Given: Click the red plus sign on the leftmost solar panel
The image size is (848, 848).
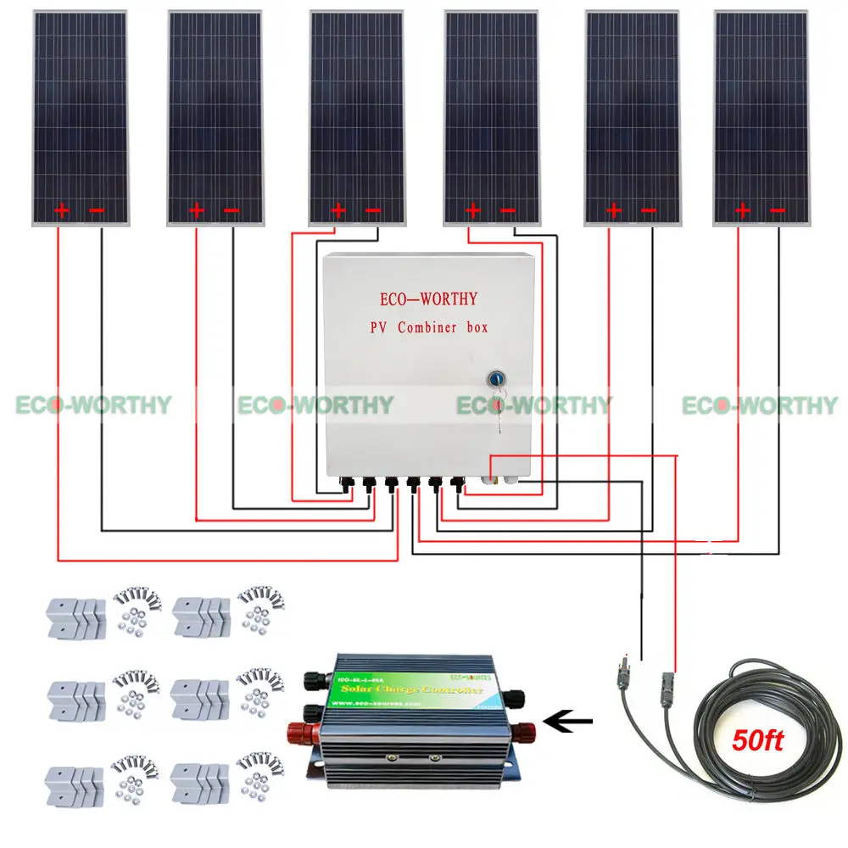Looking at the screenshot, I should point(62,210).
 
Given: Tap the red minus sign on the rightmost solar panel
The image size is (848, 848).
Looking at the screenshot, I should point(777,210).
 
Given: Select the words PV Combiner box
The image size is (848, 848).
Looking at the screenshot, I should point(429,327).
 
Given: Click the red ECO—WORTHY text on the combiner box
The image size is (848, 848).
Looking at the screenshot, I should point(429,299).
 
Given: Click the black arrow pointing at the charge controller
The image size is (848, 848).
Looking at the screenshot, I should point(566,723).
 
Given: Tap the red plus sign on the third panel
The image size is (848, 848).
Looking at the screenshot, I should point(338,210).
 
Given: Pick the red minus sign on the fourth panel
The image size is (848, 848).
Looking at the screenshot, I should point(508,210).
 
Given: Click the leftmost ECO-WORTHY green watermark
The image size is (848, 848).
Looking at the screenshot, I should point(93,405).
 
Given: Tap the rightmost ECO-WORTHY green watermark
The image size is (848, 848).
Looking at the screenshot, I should point(759,405).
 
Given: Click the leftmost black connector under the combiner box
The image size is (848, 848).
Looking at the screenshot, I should point(347,484).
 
